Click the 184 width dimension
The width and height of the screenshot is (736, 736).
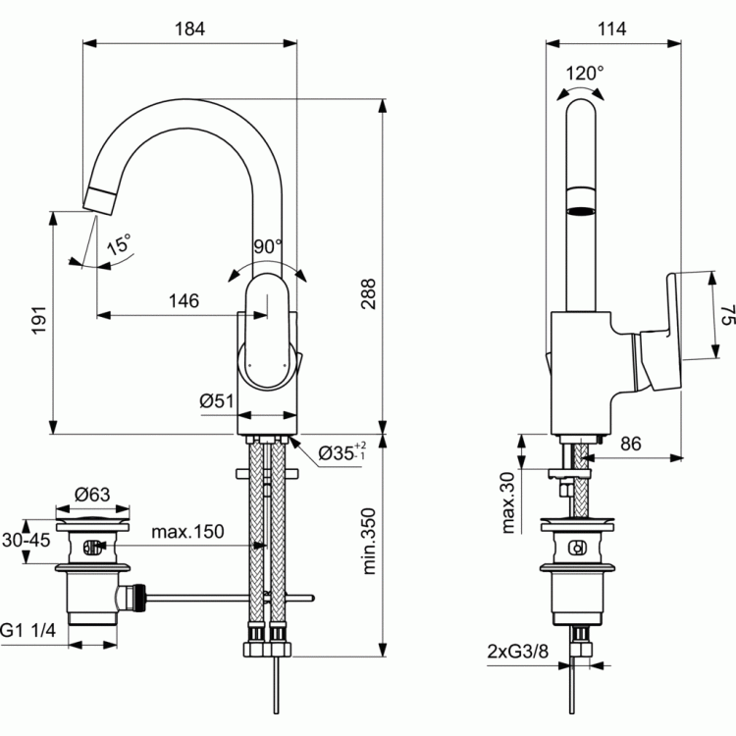pyautogui.click(x=189, y=29)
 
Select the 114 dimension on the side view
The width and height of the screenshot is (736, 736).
pyautogui.click(x=611, y=29)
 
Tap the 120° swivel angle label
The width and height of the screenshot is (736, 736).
pyautogui.click(x=585, y=74)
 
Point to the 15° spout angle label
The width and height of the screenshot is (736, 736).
pyautogui.click(x=119, y=244)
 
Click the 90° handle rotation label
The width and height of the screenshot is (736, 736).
pyautogui.click(x=268, y=246)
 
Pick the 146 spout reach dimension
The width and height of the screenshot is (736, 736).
pyautogui.click(x=184, y=300)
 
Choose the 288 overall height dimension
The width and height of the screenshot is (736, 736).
pyautogui.click(x=368, y=293)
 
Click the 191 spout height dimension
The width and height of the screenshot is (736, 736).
pyautogui.click(x=39, y=320)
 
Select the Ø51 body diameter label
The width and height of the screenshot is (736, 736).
pyautogui.click(x=217, y=400)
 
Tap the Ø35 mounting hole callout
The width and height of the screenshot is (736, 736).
pyautogui.click(x=342, y=452)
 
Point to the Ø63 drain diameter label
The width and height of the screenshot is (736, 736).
pyautogui.click(x=92, y=495)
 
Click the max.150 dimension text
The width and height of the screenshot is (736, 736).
pyautogui.click(x=187, y=531)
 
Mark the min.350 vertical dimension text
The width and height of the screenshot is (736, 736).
pyautogui.click(x=369, y=541)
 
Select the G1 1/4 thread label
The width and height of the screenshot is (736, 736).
pyautogui.click(x=27, y=630)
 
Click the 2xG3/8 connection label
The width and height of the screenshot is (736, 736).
pyautogui.click(x=517, y=652)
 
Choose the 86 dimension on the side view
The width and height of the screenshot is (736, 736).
pyautogui.click(x=630, y=444)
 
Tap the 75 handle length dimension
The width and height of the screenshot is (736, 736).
pyautogui.click(x=727, y=315)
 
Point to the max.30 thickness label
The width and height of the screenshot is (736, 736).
pyautogui.click(x=508, y=502)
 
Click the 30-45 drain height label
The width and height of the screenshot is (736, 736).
pyautogui.click(x=26, y=540)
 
